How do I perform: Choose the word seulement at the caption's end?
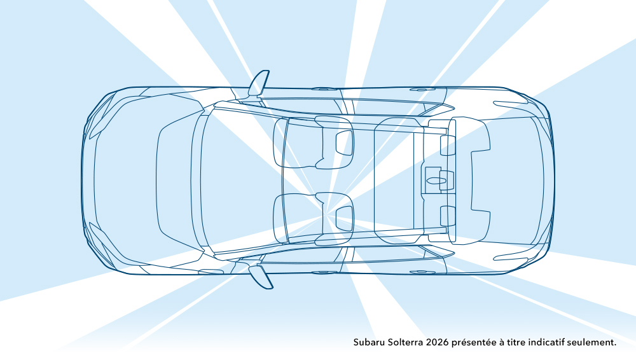(591, 342)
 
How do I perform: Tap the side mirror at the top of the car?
(258, 83)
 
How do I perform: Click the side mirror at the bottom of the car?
(260, 277)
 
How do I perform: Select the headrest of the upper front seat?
(344, 143)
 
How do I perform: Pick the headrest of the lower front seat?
(344, 219)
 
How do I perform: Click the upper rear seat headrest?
(448, 145)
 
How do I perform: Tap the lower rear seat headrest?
(448, 216)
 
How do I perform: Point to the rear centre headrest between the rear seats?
(446, 180)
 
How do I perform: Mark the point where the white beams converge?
(327, 213)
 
